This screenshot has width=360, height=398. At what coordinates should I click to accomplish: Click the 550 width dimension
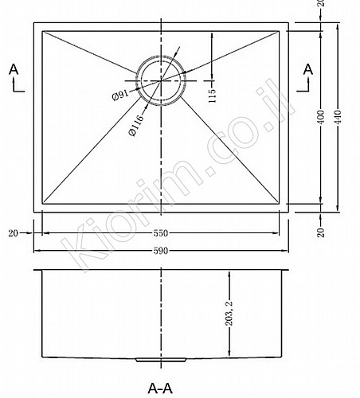click(161, 233)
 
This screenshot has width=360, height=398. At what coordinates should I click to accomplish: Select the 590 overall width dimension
click(161, 251)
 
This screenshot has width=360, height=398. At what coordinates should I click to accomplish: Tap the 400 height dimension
click(321, 117)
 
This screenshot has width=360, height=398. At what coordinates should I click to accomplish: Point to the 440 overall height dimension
click(338, 117)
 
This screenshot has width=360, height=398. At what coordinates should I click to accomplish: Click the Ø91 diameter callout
click(120, 96)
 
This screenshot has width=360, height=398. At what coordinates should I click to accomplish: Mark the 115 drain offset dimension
click(212, 96)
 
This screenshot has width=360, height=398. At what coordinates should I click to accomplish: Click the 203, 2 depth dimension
click(229, 313)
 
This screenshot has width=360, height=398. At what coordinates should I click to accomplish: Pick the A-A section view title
click(160, 389)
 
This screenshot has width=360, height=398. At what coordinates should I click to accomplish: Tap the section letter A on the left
click(14, 69)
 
